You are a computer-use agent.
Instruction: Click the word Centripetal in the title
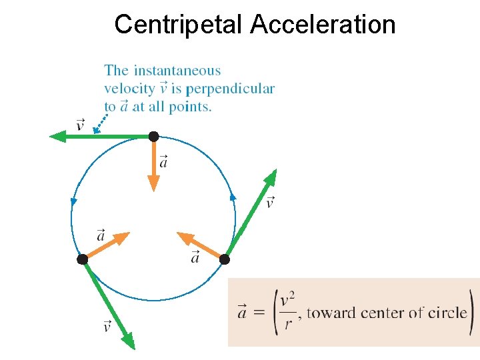[x=179, y=25]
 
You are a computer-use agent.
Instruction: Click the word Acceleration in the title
[x=323, y=25]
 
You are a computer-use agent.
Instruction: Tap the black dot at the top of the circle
[x=153, y=137]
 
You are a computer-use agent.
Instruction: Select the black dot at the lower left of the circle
[x=82, y=259]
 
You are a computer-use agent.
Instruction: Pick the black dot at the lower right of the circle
[x=225, y=259]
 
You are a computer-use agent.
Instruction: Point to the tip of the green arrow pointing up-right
[x=274, y=171]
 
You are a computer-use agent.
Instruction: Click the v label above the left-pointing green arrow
[x=81, y=125]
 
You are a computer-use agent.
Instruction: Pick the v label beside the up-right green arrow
[x=269, y=201]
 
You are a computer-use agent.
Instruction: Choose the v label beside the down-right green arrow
[x=107, y=326]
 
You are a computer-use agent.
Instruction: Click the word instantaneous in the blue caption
[x=177, y=71]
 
